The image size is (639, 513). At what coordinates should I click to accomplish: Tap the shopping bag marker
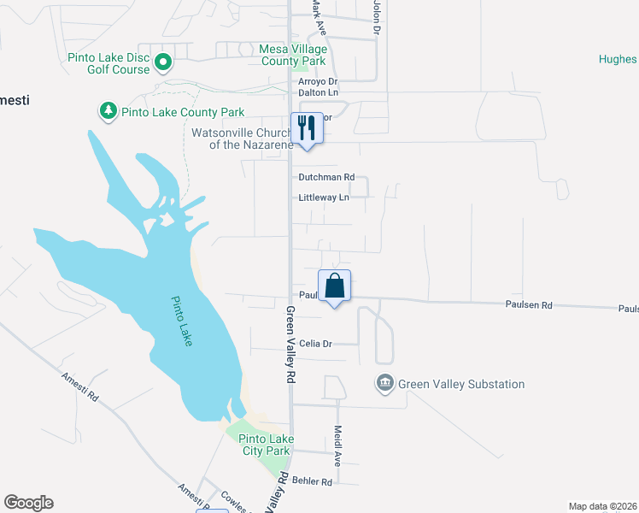point(335,286)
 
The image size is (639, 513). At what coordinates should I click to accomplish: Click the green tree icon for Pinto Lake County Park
point(108,111)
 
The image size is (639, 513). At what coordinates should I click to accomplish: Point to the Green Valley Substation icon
point(384,383)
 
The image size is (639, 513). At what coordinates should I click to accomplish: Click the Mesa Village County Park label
point(293,56)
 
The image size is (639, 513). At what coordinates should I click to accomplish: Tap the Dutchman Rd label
point(326,177)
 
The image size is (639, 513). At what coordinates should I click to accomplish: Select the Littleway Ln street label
point(324,198)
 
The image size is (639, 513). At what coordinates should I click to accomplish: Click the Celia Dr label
point(314,344)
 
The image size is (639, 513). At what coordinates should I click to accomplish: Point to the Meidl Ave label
point(338,445)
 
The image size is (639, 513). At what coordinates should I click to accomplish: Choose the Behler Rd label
point(312,481)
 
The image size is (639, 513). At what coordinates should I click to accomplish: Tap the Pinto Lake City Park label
point(261,445)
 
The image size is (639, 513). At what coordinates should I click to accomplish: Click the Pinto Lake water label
point(182,321)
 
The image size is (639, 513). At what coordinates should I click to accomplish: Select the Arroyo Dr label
point(318,81)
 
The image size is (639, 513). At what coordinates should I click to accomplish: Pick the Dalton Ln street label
point(318,92)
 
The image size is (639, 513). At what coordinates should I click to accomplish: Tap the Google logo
point(28,503)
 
